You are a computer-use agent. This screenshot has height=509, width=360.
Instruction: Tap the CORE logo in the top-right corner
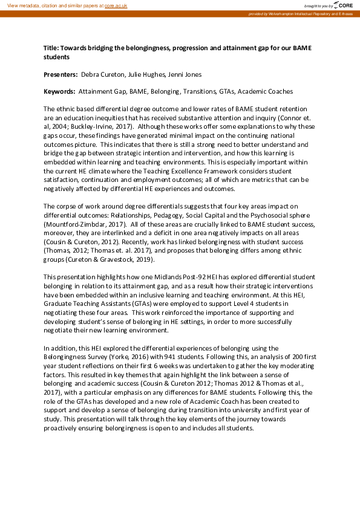click(342, 5)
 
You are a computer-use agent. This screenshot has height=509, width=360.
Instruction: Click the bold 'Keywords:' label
click(59, 91)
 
